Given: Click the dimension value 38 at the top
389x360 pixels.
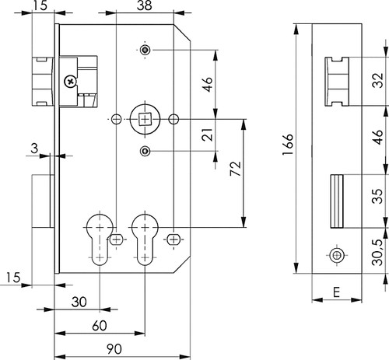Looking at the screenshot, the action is pos(144,5).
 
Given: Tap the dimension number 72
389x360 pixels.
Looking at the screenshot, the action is pos(236,169).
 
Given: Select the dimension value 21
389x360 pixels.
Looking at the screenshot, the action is pos(208,135).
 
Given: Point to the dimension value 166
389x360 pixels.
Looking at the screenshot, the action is pos(288,145).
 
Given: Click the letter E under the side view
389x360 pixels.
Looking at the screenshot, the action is pos(336,292).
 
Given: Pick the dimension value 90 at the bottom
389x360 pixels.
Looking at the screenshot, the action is pos(114,349).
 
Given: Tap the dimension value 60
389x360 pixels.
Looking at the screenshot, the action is pos(100,326).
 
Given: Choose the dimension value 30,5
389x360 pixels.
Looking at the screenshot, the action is pos(377,252).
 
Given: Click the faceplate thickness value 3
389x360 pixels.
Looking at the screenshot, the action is pos(34,149).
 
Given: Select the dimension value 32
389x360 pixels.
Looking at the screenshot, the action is pos(377,81).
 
